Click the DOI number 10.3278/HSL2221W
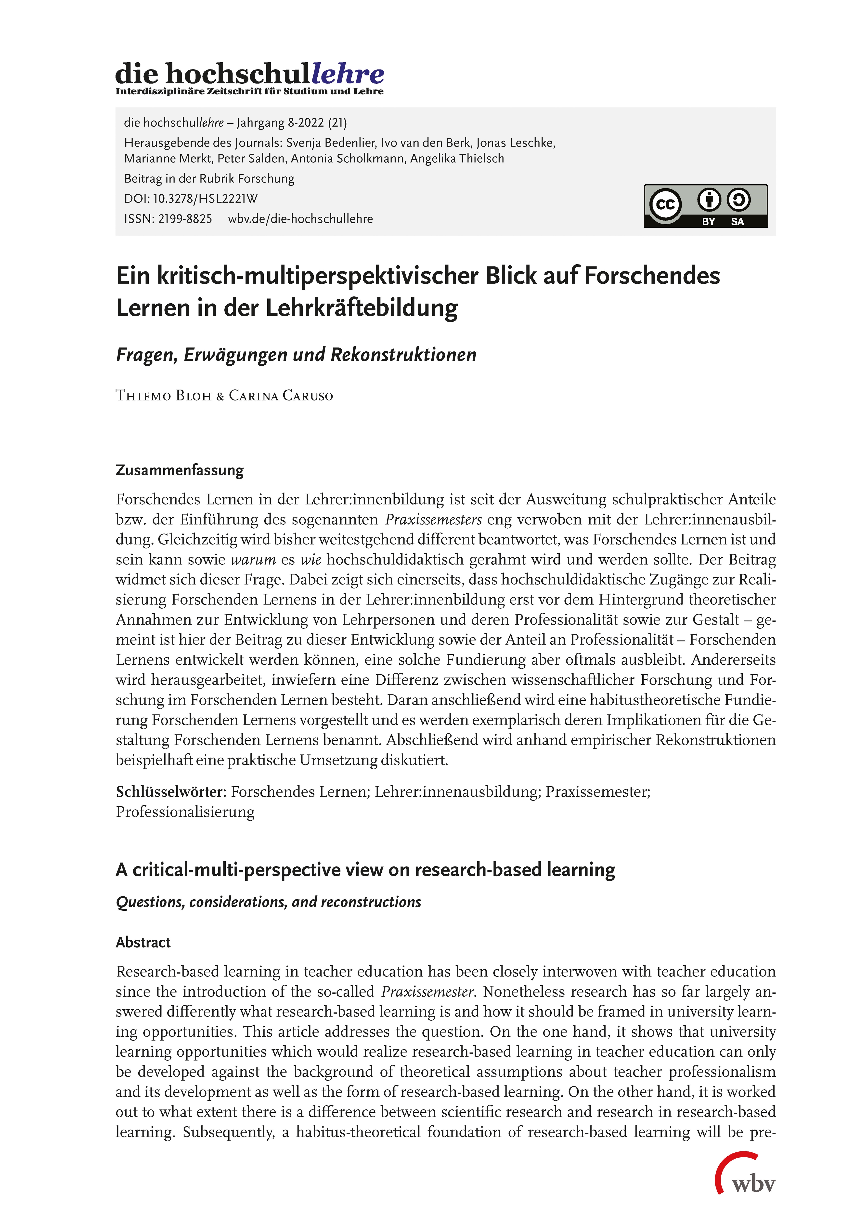click(205, 199)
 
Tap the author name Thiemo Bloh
click(163, 396)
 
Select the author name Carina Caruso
click(281, 396)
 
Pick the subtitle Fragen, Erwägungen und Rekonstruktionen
click(296, 355)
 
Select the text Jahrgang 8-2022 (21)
click(292, 123)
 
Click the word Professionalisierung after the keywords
click(185, 812)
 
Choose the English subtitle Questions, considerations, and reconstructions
click(268, 902)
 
